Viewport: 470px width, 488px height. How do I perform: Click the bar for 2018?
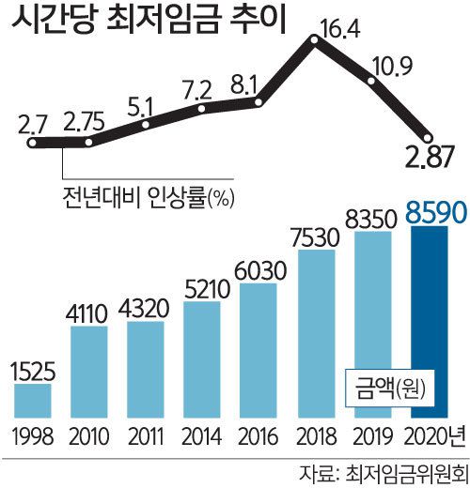pyautogui.click(x=315, y=333)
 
